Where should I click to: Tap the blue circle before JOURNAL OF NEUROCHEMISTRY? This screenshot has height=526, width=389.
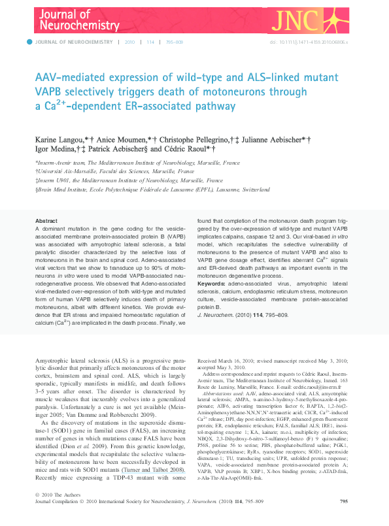[x=29, y=42]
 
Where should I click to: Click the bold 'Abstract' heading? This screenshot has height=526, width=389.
[x=46, y=222]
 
